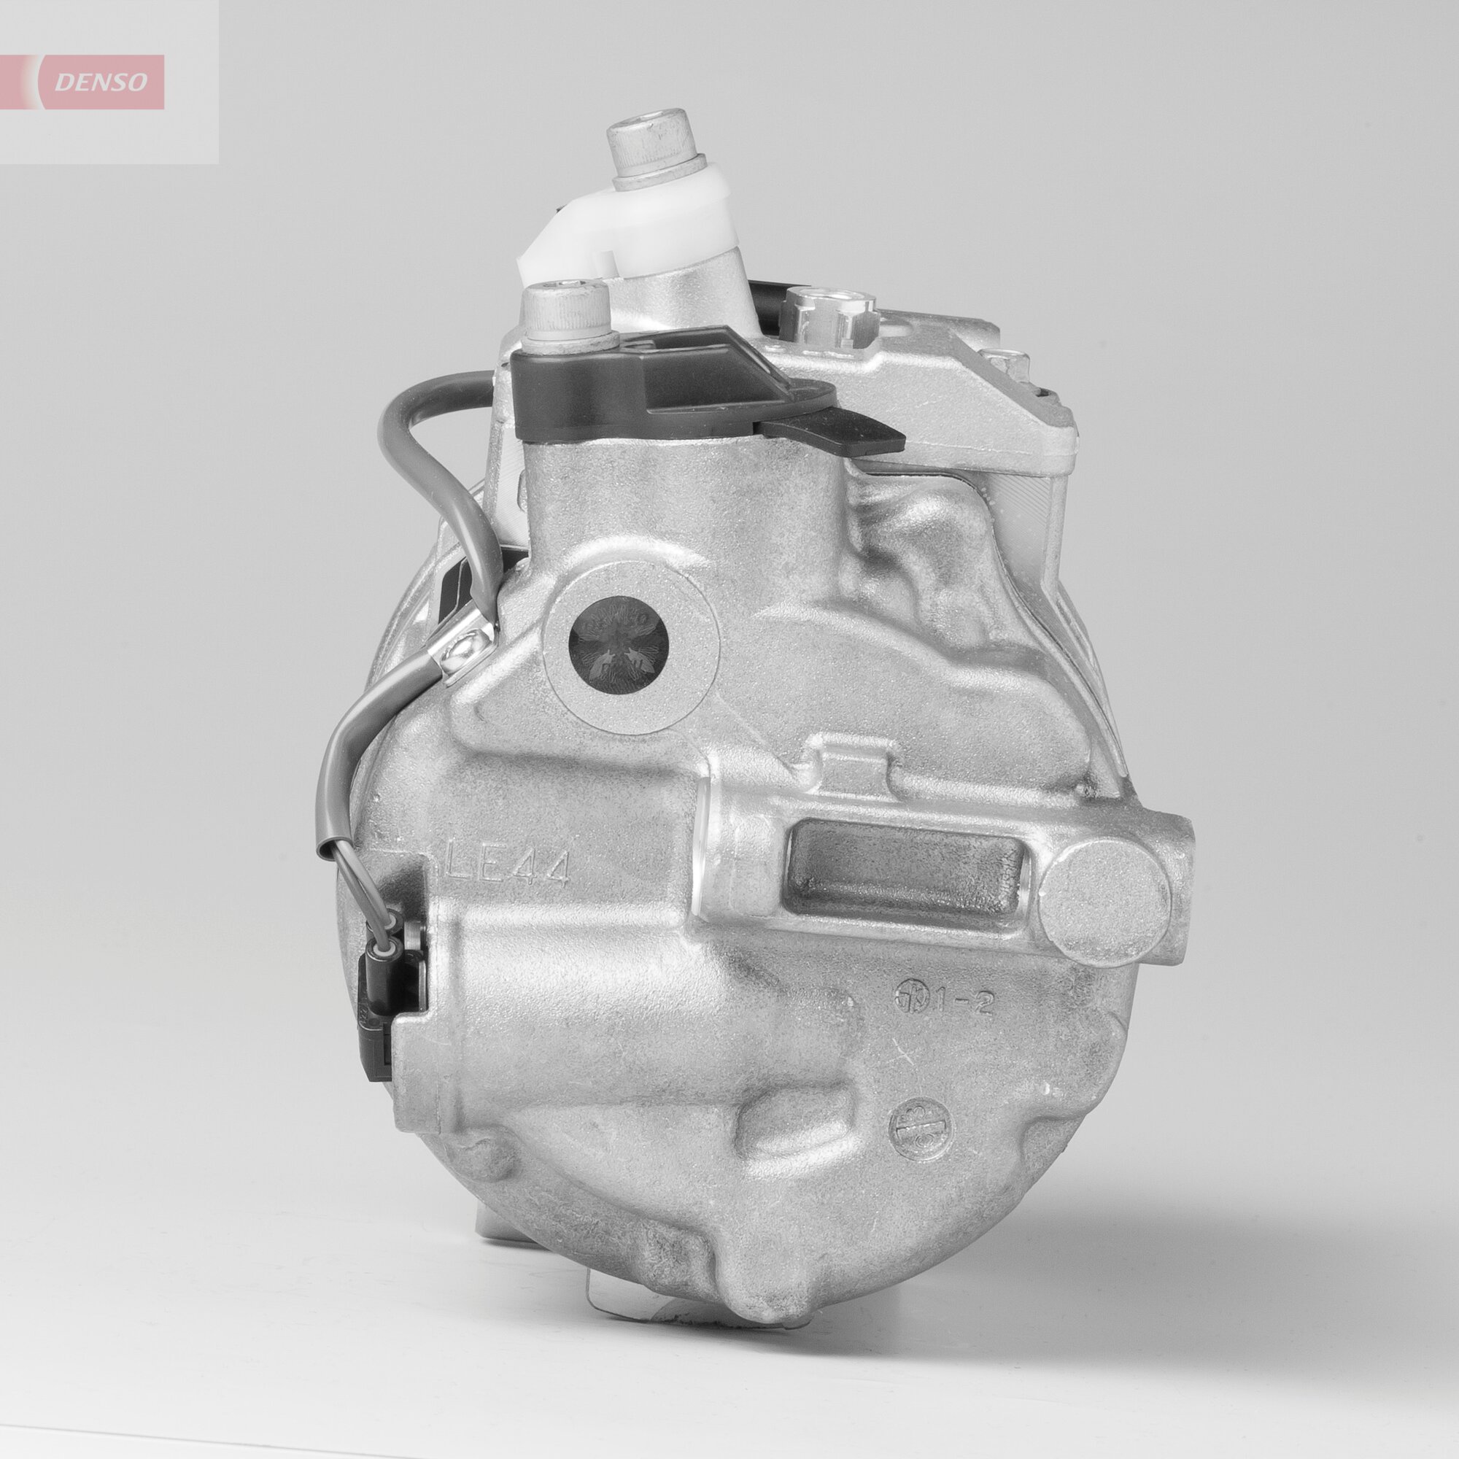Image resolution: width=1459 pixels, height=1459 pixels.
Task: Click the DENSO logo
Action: (x=101, y=82)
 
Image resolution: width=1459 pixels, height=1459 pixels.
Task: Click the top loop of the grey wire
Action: (x=423, y=400)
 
